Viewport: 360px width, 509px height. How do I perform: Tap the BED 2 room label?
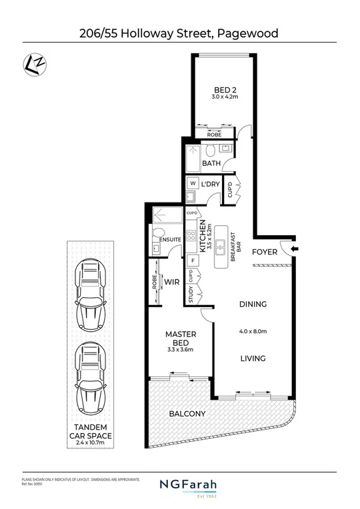click(x=223, y=90)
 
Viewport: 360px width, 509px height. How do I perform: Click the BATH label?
click(x=211, y=163)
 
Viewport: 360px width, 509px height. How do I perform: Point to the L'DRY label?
click(x=211, y=183)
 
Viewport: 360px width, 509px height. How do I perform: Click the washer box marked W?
click(x=192, y=183)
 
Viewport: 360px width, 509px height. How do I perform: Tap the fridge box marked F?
click(x=193, y=260)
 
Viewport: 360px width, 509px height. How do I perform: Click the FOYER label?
click(x=265, y=253)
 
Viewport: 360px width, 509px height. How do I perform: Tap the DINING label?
click(x=253, y=304)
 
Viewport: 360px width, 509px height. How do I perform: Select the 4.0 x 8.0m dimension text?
click(x=253, y=331)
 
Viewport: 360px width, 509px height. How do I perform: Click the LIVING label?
click(x=253, y=358)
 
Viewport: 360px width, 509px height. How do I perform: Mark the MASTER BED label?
click(x=179, y=337)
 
